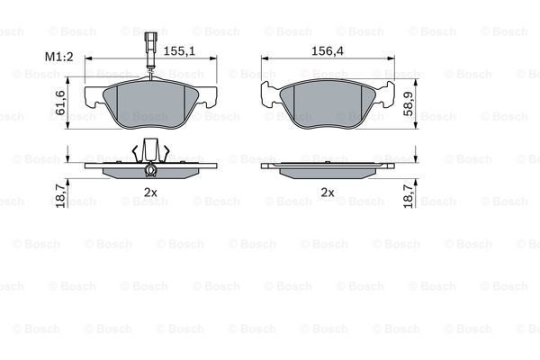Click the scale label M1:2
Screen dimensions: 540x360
pyautogui.click(x=58, y=57)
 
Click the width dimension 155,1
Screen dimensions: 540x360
pyautogui.click(x=179, y=51)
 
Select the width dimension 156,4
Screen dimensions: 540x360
pyautogui.click(x=328, y=51)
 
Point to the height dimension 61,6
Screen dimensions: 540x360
pyautogui.click(x=60, y=103)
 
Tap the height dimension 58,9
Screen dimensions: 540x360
pyautogui.click(x=409, y=104)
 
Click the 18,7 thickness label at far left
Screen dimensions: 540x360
pyautogui.click(x=60, y=195)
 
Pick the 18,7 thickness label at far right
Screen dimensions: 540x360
pyautogui.click(x=409, y=195)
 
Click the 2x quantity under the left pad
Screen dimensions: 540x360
pyautogui.click(x=150, y=193)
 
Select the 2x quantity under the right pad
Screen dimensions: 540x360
pyautogui.click(x=328, y=193)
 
